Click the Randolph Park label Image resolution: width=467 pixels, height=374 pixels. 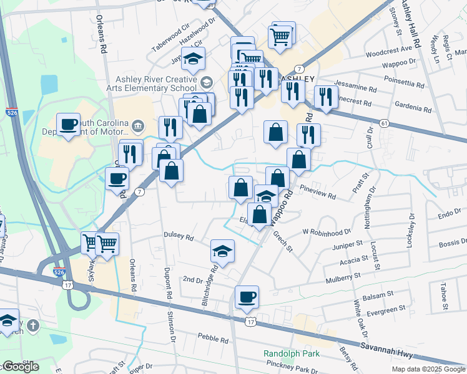click(291, 353)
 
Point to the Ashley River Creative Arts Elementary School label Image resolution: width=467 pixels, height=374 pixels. click(157, 84)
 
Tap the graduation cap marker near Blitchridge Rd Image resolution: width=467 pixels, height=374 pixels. click(222, 251)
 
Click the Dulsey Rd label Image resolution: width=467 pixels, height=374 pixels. click(179, 237)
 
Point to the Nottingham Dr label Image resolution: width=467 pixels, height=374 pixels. click(368, 207)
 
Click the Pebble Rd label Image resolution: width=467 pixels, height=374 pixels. click(214, 339)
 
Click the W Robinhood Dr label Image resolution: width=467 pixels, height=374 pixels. click(327, 233)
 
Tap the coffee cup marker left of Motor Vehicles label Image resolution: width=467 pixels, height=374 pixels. click(68, 123)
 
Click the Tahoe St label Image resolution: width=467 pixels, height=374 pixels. click(443, 296)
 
